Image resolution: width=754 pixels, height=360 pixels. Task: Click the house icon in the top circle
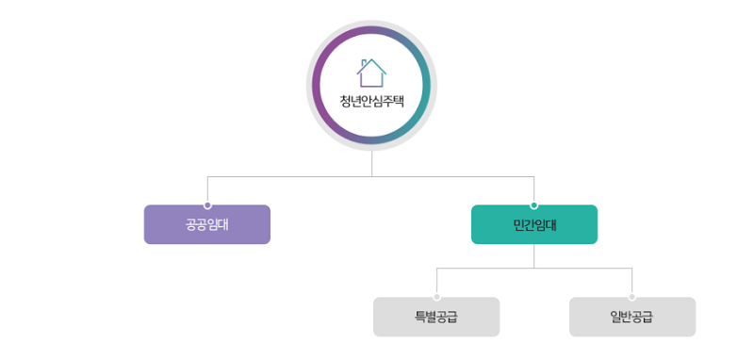[x=371, y=73]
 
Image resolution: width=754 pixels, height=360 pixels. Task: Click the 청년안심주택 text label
[x=371, y=102]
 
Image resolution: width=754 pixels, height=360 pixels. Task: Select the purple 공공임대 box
[x=207, y=225]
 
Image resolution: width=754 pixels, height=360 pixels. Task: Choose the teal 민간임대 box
[x=534, y=225]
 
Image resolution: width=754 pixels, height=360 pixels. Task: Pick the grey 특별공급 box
[x=436, y=318]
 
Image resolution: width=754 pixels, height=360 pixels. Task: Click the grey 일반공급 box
[x=632, y=318]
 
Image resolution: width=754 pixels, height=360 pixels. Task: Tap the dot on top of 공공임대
[x=207, y=205]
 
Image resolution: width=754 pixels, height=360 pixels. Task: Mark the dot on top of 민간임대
[x=534, y=205]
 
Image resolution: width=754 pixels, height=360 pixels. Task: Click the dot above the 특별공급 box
[x=436, y=297]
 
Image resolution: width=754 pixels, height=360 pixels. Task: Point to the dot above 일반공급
[x=632, y=297]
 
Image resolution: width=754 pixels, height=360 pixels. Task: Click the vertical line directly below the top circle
[x=371, y=163]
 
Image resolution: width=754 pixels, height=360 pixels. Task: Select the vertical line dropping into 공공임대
[x=207, y=188]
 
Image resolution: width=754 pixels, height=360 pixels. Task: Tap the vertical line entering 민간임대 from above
[x=534, y=188]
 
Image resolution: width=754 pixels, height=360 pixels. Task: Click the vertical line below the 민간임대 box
[x=534, y=255]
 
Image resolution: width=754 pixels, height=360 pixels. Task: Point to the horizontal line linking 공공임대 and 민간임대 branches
[x=283, y=176]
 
